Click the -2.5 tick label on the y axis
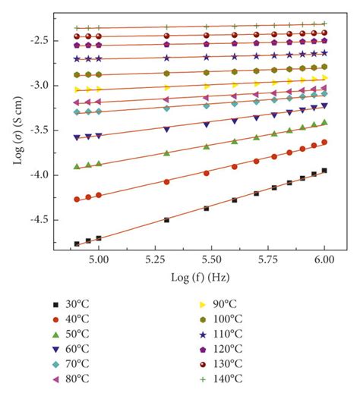pyautogui.click(x=54, y=40)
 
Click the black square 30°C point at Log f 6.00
pyautogui.click(x=324, y=171)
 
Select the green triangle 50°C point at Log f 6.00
pyautogui.click(x=324, y=121)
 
